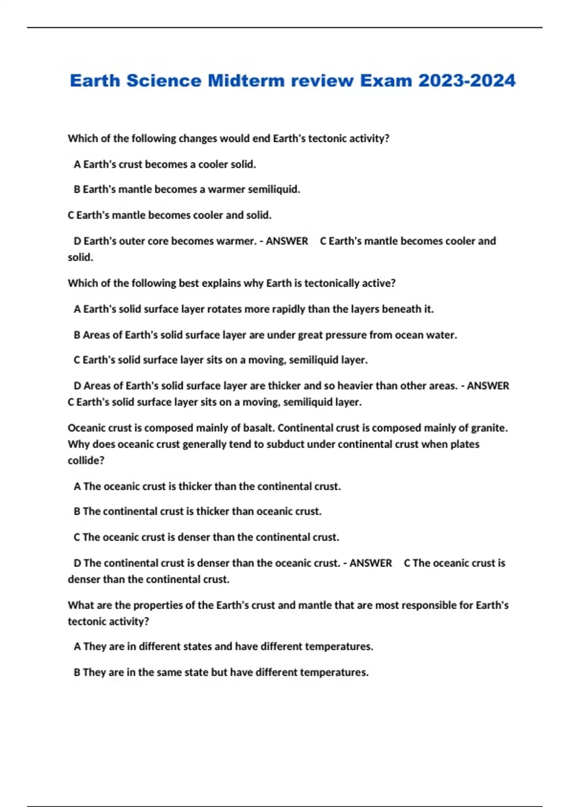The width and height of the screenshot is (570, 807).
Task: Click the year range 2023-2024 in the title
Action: (466, 81)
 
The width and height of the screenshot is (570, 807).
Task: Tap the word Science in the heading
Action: (164, 81)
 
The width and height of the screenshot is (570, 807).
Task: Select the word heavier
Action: (355, 386)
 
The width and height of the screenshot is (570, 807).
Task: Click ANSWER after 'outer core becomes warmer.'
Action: (287, 241)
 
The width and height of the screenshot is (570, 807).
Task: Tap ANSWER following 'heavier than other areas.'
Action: (488, 386)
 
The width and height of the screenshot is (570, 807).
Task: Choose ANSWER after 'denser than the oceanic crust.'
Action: (370, 563)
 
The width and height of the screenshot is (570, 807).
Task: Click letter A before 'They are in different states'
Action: (77, 647)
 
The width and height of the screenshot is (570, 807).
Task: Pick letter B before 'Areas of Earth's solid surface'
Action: (77, 335)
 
